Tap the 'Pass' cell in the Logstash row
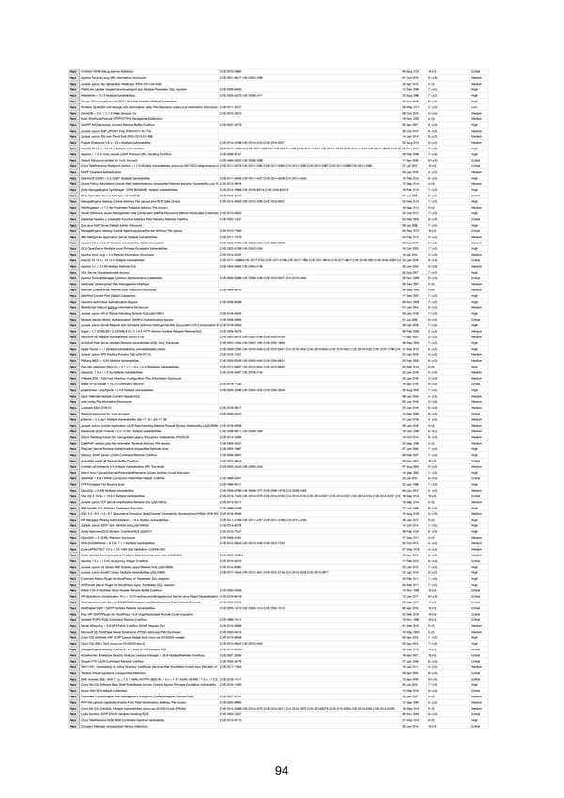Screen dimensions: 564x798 tap(72, 407)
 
